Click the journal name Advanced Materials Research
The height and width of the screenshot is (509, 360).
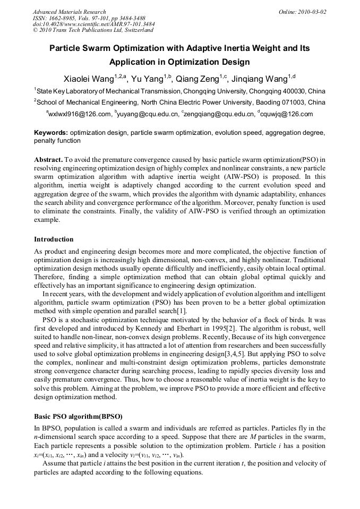pos(69,12)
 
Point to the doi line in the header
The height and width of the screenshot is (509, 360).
pos(93,24)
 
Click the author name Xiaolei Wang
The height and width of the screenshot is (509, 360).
pos(88,79)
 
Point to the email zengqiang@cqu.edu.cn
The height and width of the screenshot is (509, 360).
pos(219,114)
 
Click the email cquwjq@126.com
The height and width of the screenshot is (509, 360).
pos(287,114)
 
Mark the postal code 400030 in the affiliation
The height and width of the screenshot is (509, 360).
pos(294,91)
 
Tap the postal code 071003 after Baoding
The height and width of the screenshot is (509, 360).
pos(294,102)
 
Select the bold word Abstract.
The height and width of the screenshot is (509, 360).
pos(48,159)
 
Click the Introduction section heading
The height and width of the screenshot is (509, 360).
pos(54,239)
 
